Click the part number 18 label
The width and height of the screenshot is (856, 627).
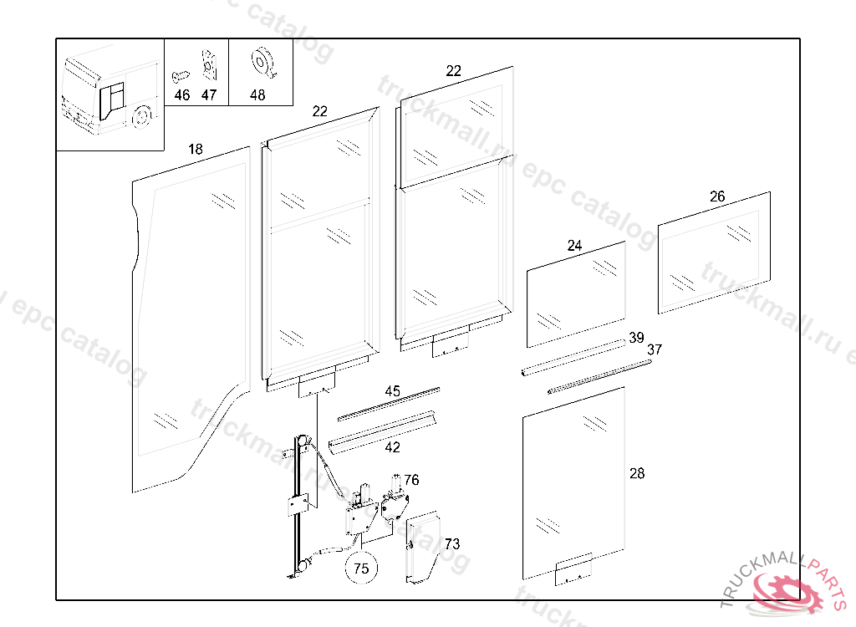pos(195,150)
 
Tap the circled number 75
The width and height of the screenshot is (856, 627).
pos(361,568)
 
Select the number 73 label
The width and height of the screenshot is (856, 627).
pos(451,544)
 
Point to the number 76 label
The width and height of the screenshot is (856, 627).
pos(411,480)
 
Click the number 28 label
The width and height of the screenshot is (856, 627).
pos(637,474)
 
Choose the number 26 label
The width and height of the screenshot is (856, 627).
pos(717,196)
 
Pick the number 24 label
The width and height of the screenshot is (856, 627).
pos(574,246)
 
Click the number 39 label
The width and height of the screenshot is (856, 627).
pos(636,338)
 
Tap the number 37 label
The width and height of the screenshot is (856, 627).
pos(655,349)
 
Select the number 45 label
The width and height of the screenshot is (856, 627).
pos(392,391)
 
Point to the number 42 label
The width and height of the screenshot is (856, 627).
pos(392,447)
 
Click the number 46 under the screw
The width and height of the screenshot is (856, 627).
pos(182,95)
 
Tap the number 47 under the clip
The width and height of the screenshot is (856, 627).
pos(209,95)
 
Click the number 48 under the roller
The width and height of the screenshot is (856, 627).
pos(257,95)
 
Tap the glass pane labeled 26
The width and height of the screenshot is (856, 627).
pos(713,252)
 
